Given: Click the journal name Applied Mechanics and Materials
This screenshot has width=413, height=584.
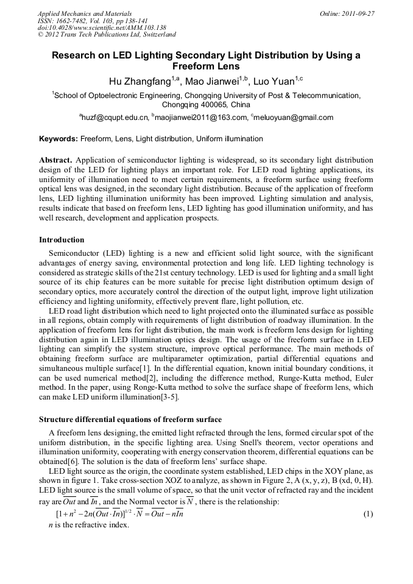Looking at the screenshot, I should tap(85, 13).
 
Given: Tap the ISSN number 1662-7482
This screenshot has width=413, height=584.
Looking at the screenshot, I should tap(75, 21).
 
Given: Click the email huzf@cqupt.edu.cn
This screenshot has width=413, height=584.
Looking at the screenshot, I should tap(116, 118).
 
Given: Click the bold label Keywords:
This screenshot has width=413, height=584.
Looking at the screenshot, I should tap(58, 139).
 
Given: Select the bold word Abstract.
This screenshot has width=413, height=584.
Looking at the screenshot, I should tap(56, 160).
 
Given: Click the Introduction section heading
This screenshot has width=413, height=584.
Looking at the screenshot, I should tap(62, 240).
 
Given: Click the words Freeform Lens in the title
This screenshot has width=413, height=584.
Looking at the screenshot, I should tap(206, 66).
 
